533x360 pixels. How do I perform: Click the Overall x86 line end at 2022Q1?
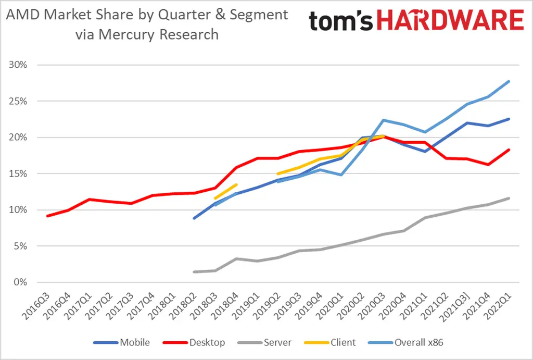[x=509, y=81]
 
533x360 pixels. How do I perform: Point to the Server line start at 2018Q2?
[x=194, y=272]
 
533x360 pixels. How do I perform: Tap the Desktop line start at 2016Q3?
[x=47, y=216]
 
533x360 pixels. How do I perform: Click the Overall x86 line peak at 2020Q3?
[x=383, y=120]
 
